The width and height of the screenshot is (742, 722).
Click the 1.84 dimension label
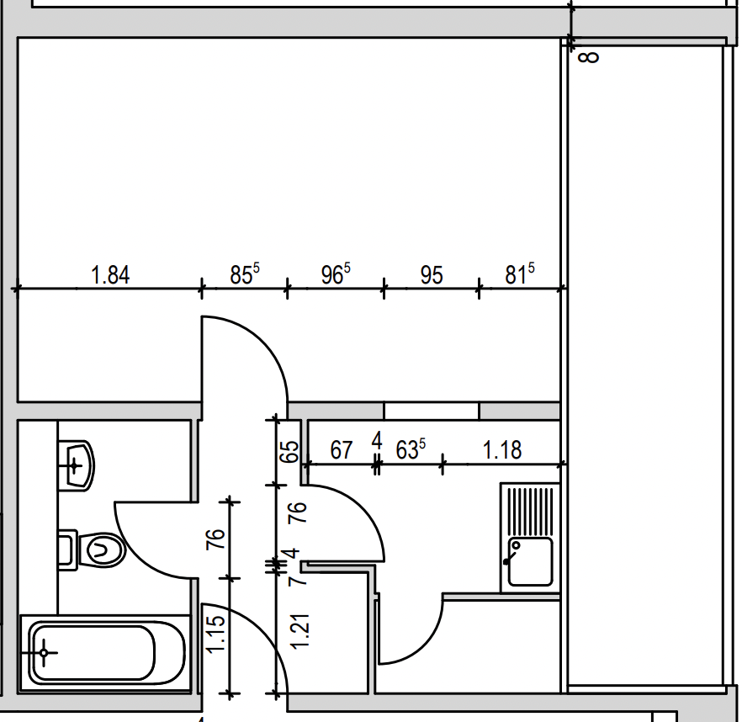coord(109,275)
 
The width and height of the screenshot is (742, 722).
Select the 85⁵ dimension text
coord(245,274)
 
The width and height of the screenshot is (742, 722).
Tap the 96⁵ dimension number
coord(336,274)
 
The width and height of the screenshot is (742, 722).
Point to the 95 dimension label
coord(432,275)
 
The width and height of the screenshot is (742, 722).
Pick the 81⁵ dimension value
coord(520,274)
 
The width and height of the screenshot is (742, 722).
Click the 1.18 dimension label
coord(502,449)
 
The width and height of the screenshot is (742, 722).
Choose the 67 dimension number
coord(342,449)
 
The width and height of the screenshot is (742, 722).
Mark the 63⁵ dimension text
coord(411,449)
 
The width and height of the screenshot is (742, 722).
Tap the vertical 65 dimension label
coord(289,452)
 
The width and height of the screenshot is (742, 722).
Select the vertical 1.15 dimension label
coord(215,634)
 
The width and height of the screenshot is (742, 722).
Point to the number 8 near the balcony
coord(589,57)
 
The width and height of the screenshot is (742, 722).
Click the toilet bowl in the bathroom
coord(101,550)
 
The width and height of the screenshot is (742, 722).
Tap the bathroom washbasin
coord(77,466)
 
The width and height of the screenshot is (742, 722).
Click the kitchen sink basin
coord(530,562)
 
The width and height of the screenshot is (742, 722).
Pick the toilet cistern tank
coord(67,549)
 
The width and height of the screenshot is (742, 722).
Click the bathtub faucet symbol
coord(43,653)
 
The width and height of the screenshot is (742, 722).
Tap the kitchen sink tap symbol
coord(511,554)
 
